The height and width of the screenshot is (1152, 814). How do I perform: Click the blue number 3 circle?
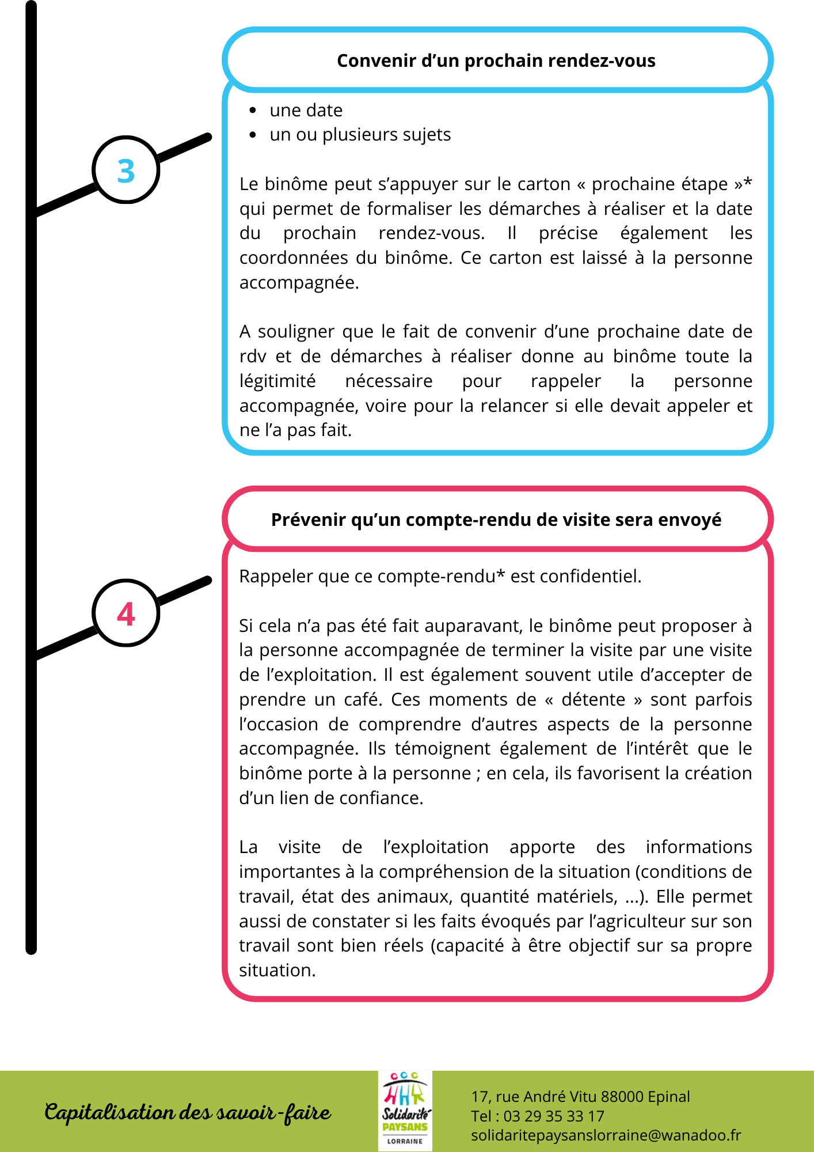[125, 170]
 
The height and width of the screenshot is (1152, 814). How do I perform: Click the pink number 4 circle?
[125, 613]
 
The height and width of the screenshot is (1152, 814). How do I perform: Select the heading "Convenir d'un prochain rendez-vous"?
[496, 60]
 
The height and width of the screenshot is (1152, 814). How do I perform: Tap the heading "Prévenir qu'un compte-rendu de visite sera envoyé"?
[496, 520]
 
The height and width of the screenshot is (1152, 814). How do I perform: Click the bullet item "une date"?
[306, 110]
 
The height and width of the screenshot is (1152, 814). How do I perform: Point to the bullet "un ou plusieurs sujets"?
[360, 134]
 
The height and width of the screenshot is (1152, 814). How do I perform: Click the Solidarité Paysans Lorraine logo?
[405, 1111]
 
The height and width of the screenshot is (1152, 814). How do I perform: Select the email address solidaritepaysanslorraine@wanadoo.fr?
[606, 1135]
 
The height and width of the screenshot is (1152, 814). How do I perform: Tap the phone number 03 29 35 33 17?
[554, 1116]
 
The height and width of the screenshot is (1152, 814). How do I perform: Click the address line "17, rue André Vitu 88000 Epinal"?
[580, 1097]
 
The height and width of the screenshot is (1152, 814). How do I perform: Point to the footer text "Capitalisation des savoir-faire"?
[188, 1112]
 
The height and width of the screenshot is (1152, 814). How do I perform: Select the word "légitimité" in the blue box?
[277, 381]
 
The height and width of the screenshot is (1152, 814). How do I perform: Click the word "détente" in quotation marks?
[593, 699]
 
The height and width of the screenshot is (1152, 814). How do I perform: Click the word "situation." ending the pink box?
[277, 970]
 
